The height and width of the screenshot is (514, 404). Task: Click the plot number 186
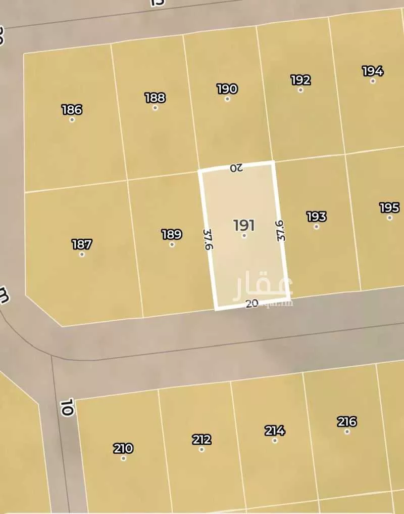(72, 110)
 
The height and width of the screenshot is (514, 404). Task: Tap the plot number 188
(155, 98)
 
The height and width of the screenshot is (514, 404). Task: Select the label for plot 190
(227, 89)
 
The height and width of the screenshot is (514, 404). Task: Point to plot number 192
(300, 80)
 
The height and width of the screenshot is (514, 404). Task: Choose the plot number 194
(373, 71)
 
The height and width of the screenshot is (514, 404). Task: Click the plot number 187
(82, 245)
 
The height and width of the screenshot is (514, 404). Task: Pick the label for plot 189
(172, 235)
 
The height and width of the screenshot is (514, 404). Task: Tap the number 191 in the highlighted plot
(244, 225)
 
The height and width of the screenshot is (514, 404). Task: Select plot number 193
(316, 217)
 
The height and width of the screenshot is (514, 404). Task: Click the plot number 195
(389, 208)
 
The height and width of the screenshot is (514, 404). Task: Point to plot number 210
(123, 448)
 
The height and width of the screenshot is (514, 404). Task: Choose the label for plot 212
(201, 439)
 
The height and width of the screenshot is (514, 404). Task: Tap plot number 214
(275, 431)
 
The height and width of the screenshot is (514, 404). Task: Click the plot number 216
(347, 421)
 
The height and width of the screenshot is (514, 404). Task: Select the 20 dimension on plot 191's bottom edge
(252, 304)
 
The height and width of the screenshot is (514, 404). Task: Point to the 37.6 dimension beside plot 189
(208, 240)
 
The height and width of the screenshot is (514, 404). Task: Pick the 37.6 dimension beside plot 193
(280, 230)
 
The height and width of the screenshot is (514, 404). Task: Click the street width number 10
(66, 407)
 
